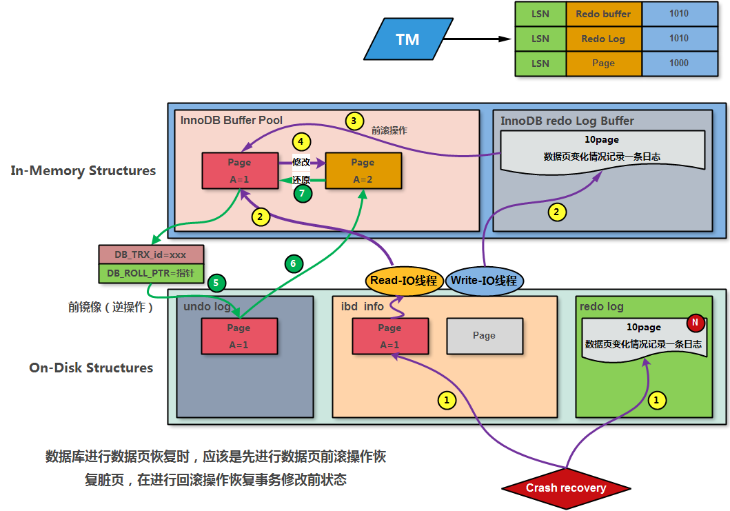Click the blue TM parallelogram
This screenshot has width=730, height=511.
coord(407,39)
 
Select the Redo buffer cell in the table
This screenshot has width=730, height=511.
coord(603,14)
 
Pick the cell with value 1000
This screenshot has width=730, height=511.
coord(678,63)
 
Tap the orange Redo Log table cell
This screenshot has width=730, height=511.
coord(603,39)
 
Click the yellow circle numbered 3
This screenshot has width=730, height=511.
coord(354,121)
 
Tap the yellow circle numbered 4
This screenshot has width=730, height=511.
coord(301,141)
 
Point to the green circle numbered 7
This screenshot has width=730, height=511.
coord(301,194)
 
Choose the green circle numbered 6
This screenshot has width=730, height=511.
coord(292,263)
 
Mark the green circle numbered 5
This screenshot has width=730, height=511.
coord(216,282)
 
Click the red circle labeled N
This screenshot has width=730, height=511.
coord(695,322)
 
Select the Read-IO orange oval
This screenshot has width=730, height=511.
coord(404,281)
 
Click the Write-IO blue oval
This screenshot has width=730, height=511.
coord(485,281)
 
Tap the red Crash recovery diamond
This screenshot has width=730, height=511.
coord(566,488)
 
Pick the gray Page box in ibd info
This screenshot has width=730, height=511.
coord(484,336)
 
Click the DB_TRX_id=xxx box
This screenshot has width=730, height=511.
coord(150,254)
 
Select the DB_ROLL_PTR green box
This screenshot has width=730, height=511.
coord(150,273)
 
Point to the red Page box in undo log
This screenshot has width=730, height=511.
coord(239,336)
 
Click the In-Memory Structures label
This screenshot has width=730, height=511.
coord(83,171)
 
